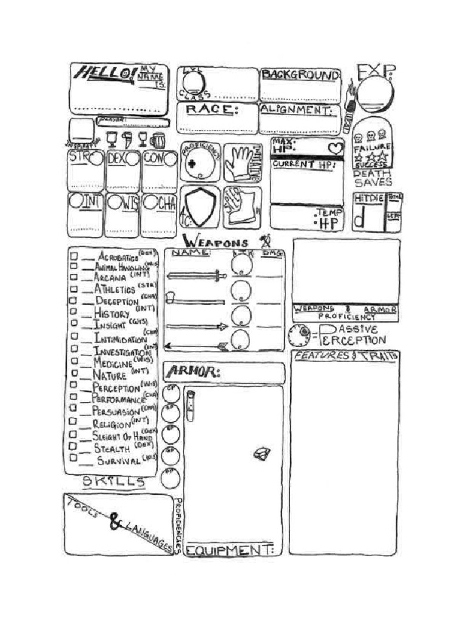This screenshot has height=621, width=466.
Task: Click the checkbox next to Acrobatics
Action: pos(73,256)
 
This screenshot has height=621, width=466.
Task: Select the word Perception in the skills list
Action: pos(116,387)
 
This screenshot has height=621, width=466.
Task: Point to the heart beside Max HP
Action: pos(335,147)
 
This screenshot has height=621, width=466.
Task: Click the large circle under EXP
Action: pos(374,93)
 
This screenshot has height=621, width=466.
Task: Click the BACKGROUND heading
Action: pos(300,75)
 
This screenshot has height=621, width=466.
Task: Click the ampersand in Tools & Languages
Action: pos(115,520)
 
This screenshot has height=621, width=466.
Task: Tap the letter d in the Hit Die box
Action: pos(360,220)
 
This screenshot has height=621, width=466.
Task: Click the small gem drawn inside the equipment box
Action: pos(262,452)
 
